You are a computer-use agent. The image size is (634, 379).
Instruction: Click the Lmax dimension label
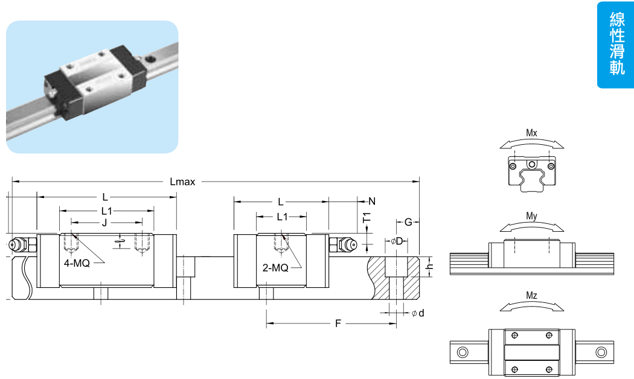pyautogui.click(x=183, y=182)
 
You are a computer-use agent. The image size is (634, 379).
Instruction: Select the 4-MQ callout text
pyautogui.click(x=77, y=264)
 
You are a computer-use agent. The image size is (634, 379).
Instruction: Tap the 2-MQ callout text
pyautogui.click(x=275, y=267)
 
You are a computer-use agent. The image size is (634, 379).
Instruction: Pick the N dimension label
pyautogui.click(x=372, y=201)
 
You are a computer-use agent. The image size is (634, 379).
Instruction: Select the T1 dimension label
pyautogui.click(x=367, y=218)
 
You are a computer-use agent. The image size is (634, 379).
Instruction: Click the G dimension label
pyautogui.click(x=408, y=222)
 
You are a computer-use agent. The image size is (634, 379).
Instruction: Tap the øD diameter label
pyautogui.click(x=397, y=241)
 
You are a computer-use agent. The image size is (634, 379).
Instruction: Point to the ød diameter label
pyautogui.click(x=418, y=313)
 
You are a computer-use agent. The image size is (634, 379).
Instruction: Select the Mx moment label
pyautogui.click(x=531, y=132)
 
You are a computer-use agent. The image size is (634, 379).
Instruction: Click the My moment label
pyautogui.click(x=531, y=215)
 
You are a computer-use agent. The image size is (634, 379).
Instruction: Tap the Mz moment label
pyautogui.click(x=531, y=296)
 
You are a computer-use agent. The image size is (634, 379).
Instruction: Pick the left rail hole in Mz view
pyautogui.click(x=463, y=352)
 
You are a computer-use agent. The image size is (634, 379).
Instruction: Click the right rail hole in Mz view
pyautogui.click(x=600, y=352)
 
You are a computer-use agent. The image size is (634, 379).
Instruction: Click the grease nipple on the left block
pyautogui.click(x=18, y=244)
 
